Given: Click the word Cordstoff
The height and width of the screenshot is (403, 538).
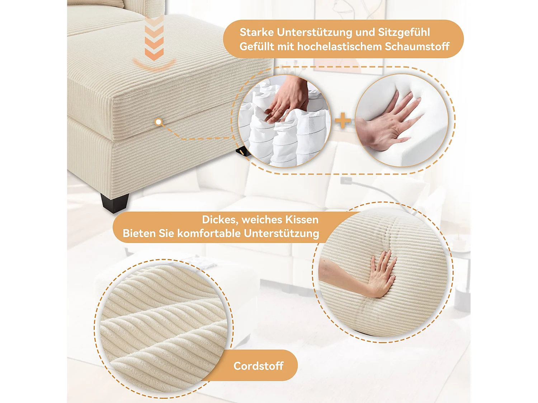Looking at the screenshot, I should click(258, 366).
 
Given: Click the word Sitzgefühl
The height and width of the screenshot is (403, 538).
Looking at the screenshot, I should click(404, 33).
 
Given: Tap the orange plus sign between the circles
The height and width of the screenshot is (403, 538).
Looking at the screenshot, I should click(343, 120).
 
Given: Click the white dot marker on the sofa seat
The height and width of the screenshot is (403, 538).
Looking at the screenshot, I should click(159, 122).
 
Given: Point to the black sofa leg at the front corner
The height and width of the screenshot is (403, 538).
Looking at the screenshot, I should click(114, 202).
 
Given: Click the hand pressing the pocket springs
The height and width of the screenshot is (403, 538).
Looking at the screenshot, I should click(287, 99).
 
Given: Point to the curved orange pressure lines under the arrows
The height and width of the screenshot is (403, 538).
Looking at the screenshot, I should click(154, 64).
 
